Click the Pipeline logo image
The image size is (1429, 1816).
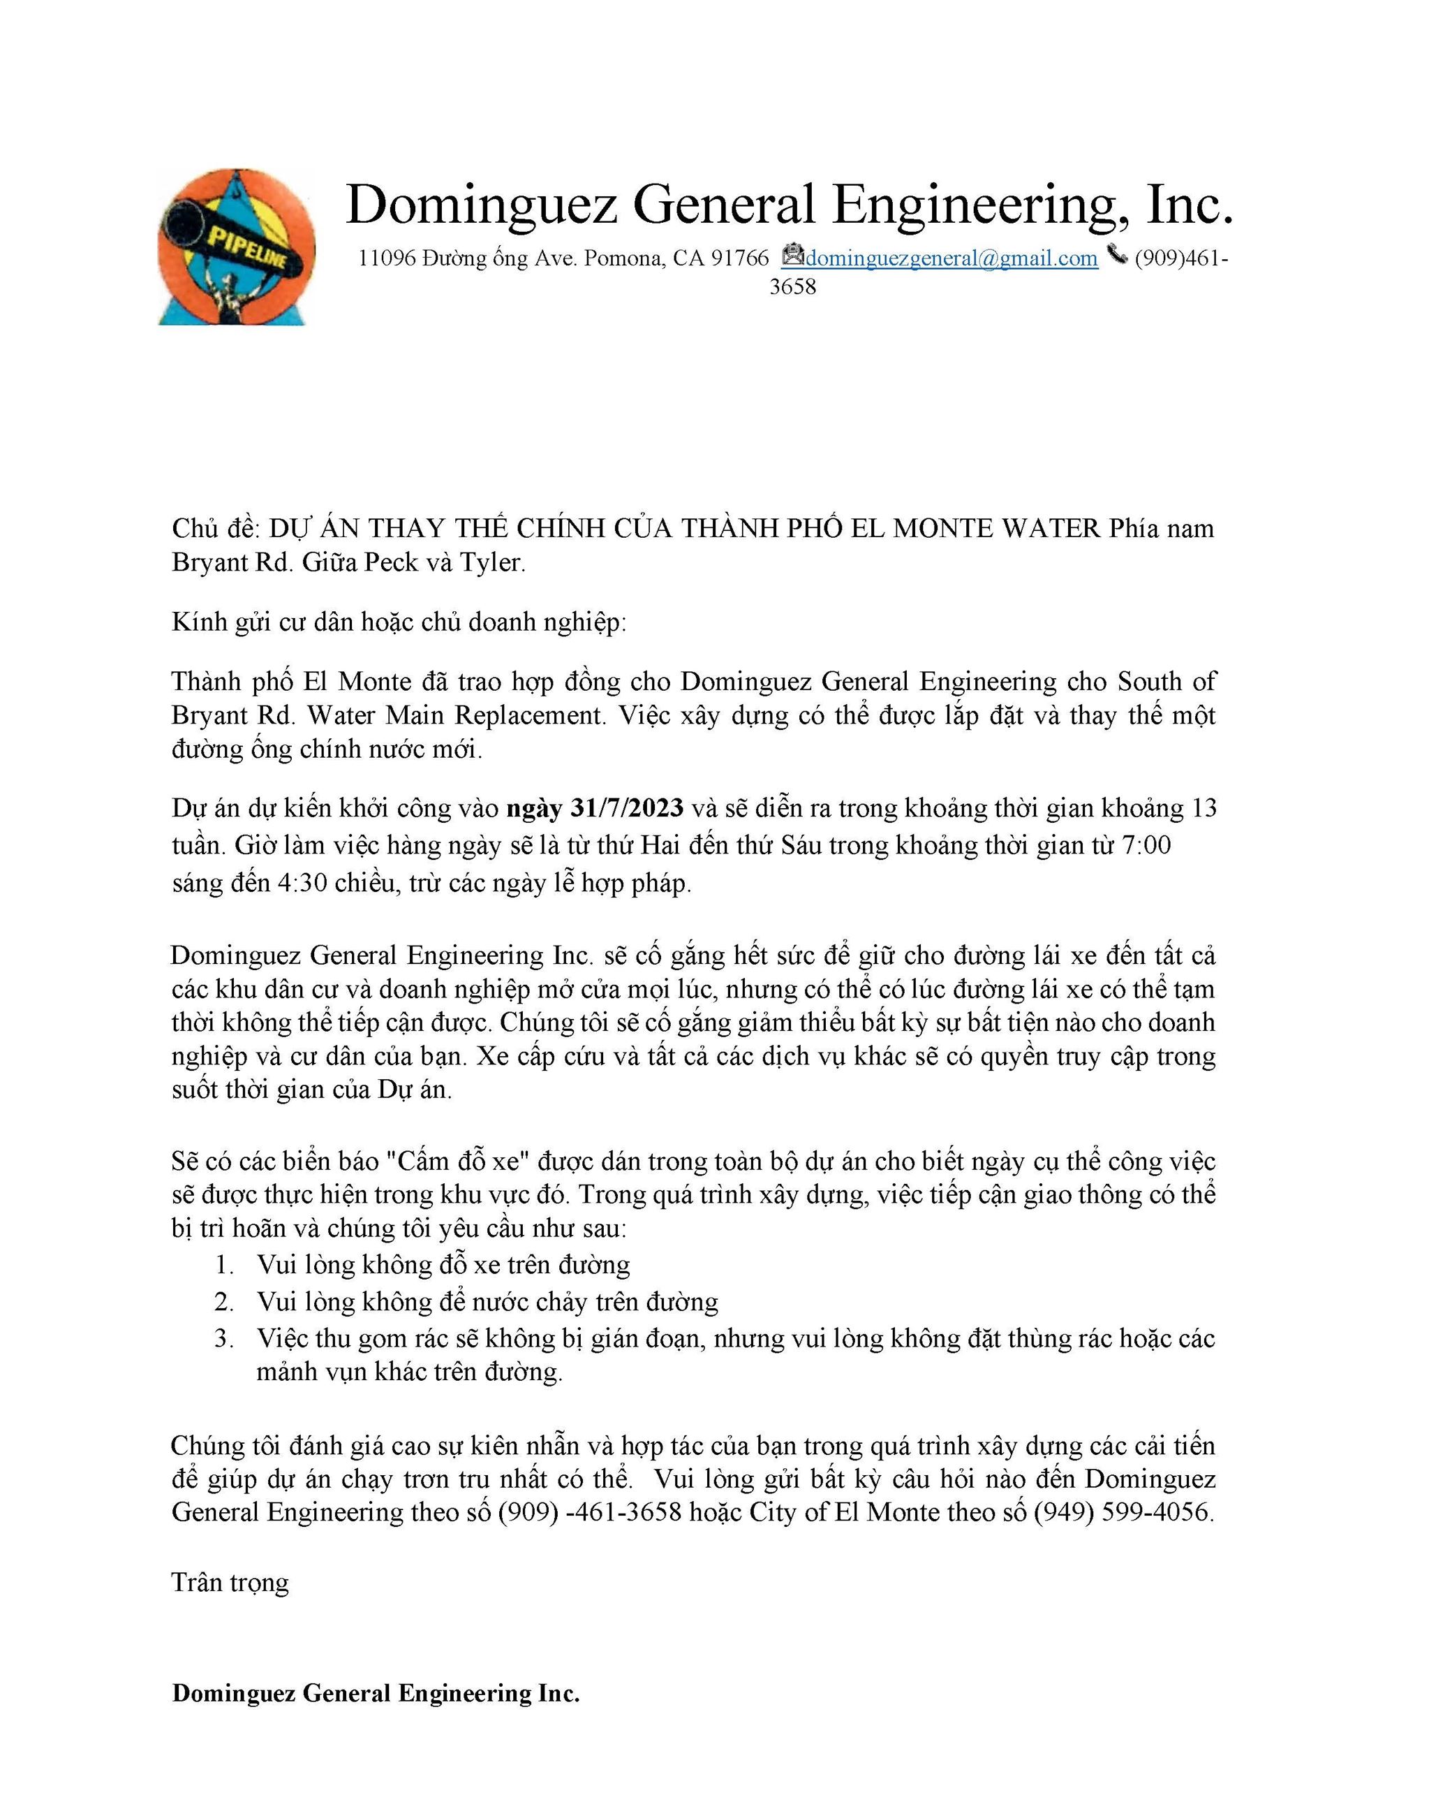tap(237, 247)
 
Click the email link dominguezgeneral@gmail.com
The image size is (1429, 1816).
tap(952, 258)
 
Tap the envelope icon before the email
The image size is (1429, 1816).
tap(792, 254)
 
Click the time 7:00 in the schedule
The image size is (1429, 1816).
tap(1146, 846)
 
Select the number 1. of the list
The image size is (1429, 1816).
tap(223, 1264)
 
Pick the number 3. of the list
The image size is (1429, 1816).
tap(223, 1338)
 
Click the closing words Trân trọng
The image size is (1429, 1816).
tap(231, 1583)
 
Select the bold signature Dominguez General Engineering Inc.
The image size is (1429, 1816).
tap(376, 1693)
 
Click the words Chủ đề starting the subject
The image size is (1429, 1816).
tap(216, 529)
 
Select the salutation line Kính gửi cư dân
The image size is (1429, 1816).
tap(399, 622)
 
